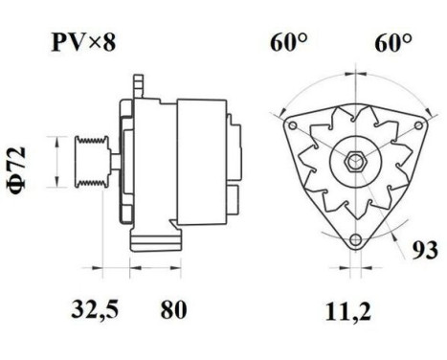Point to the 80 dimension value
[172, 309]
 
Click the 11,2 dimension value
[353, 309]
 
